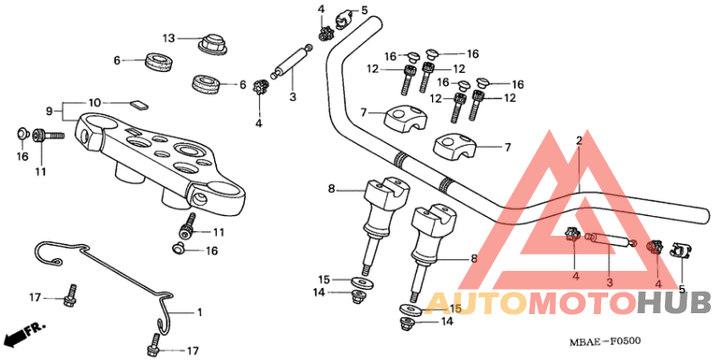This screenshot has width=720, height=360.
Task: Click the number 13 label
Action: coord(168,38)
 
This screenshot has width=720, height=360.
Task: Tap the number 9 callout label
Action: coord(51,112)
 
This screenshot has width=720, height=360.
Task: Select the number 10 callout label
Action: coord(95,102)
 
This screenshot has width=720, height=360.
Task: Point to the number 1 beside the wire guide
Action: coord(200,311)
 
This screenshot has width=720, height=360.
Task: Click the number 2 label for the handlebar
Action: coord(579,141)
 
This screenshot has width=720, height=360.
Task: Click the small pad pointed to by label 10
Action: coord(137,103)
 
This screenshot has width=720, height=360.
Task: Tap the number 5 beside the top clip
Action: coord(364,10)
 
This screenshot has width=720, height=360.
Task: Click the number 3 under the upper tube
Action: coord(292,96)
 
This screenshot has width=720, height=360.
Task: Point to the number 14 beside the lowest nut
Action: coord(445,321)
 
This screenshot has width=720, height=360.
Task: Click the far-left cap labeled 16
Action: coord(21,135)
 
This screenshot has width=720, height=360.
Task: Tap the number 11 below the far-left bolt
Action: coord(40,171)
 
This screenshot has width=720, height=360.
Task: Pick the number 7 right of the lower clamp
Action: coord(507,147)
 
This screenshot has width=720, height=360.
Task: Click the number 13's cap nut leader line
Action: coord(187,39)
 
